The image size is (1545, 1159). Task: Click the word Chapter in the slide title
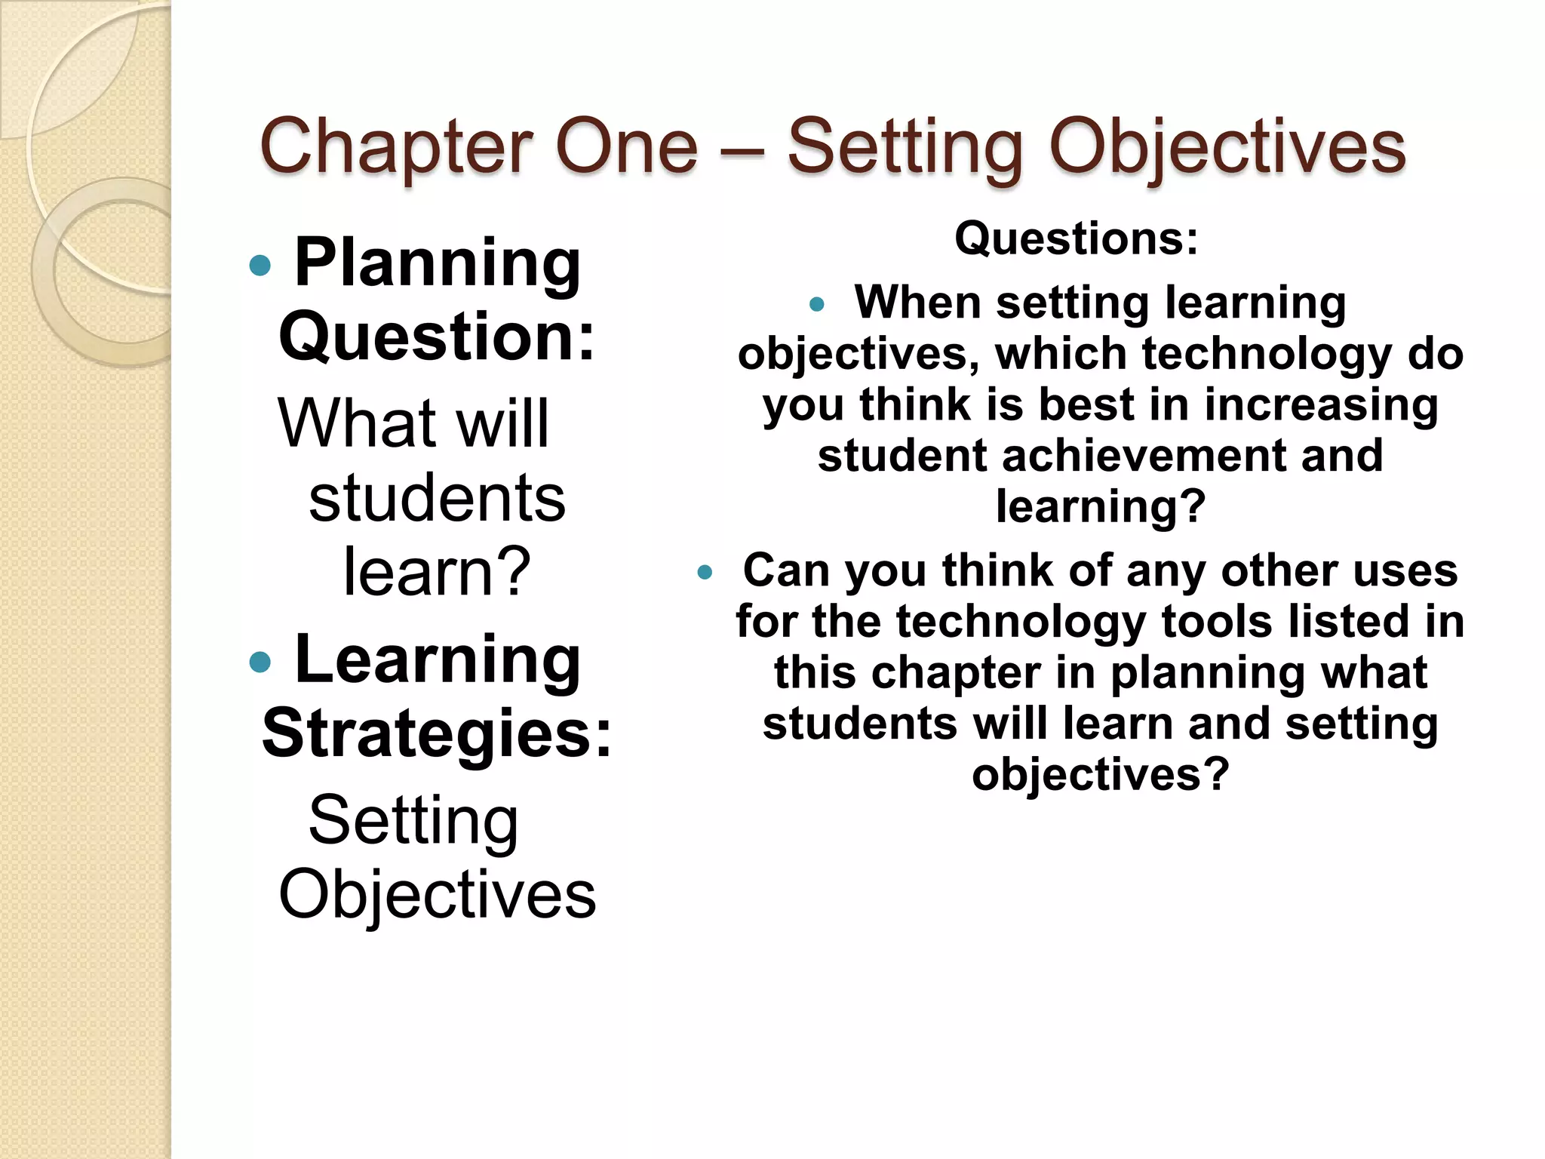tap(395, 148)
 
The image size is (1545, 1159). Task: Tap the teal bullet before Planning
tap(260, 265)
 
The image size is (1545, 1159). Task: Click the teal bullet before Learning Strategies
tap(260, 663)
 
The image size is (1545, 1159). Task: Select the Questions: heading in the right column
tap(1077, 238)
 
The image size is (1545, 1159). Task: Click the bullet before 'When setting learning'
tap(817, 306)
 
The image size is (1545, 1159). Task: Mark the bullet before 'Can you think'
tap(705, 573)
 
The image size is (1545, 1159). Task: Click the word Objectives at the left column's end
tap(438, 895)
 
